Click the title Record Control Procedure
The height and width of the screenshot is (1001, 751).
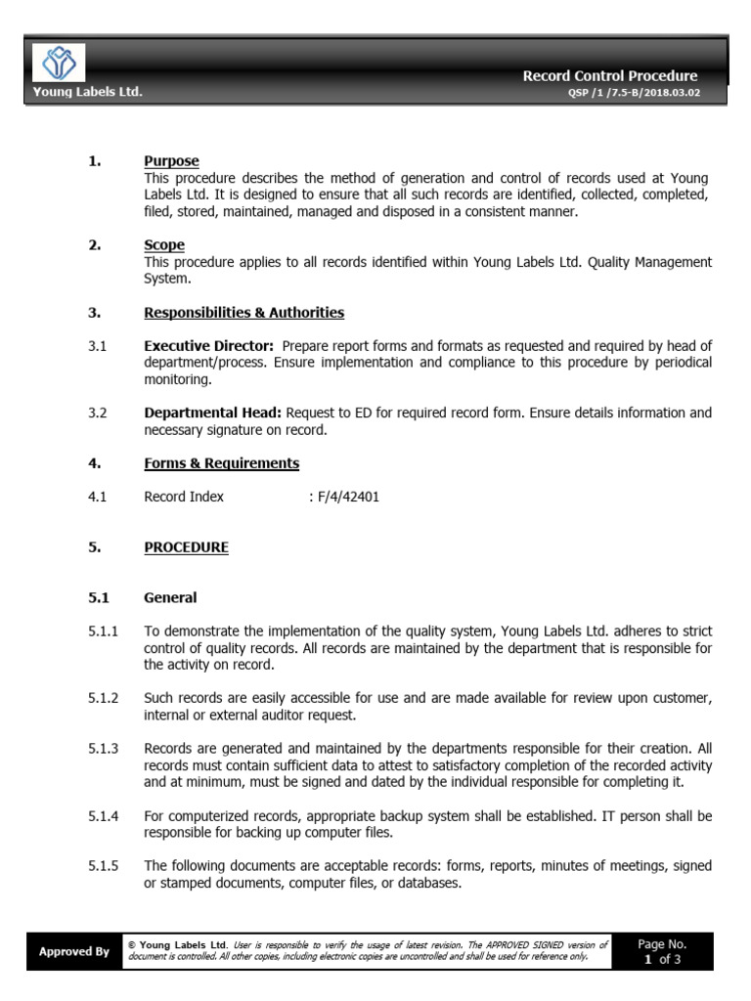tap(609, 75)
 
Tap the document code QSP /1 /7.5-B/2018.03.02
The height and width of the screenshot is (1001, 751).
tap(634, 93)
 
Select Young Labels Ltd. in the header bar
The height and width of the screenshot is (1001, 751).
tap(88, 92)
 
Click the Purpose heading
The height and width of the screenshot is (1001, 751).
tap(171, 161)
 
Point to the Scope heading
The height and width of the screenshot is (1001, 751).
tap(163, 245)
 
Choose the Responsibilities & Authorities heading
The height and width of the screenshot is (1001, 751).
tap(243, 313)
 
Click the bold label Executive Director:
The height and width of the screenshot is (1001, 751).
tap(208, 346)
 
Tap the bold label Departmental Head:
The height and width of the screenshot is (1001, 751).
tap(212, 413)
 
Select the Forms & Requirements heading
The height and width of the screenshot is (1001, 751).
tap(221, 463)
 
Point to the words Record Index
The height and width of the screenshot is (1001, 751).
tap(184, 497)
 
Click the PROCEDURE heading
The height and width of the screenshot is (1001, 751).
tap(186, 547)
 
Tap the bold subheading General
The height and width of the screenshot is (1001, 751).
tap(170, 597)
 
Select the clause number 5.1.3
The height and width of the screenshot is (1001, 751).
tap(103, 749)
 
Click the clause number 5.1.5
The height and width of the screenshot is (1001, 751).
tap(103, 866)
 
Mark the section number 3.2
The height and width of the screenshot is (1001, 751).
tap(97, 413)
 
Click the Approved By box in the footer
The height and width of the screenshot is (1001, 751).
tap(73, 951)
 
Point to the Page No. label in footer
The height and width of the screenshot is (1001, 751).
tap(662, 944)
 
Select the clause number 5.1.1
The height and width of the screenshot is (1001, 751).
tap(103, 631)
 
